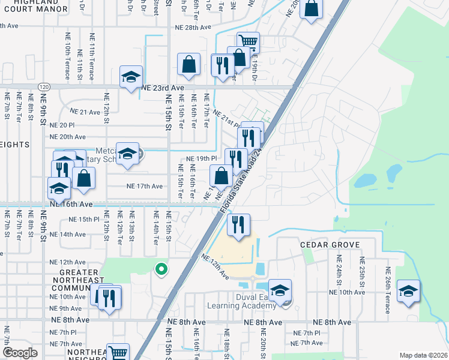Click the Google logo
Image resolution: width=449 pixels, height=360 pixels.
click(x=20, y=353)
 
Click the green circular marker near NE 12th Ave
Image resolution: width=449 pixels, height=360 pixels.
click(x=160, y=270)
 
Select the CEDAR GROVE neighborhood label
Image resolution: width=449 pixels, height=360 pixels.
click(x=330, y=245)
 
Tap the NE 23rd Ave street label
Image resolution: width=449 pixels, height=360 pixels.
click(x=161, y=87)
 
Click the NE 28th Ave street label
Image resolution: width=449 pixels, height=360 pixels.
click(x=193, y=28)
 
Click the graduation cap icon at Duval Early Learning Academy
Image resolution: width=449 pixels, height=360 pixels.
click(x=279, y=290)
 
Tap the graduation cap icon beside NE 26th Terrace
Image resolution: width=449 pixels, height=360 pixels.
click(x=409, y=290)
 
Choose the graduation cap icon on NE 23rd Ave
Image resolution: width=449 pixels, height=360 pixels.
click(x=131, y=77)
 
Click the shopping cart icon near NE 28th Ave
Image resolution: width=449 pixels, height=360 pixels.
click(x=248, y=42)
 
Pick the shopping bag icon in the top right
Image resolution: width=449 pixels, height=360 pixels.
click(x=311, y=9)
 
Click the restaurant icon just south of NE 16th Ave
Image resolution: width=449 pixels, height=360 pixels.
click(x=238, y=224)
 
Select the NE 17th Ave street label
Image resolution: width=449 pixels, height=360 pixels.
click(x=145, y=186)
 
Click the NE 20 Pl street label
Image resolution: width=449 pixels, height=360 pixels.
click(x=62, y=125)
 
